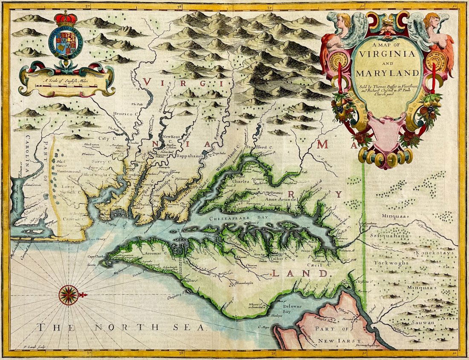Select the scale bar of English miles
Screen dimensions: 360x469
[x=66, y=85]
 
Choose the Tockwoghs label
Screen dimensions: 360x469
[x=389, y=262]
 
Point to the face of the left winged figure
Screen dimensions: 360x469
[x=342, y=20]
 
